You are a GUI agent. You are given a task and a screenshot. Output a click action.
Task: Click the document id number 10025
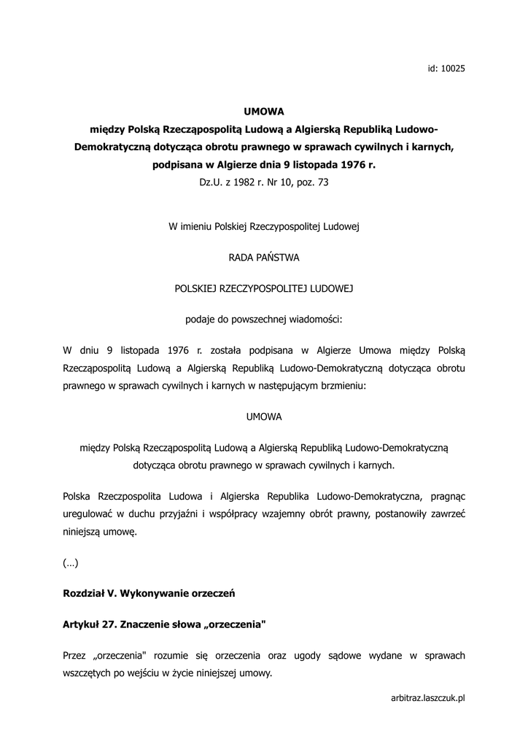(454, 69)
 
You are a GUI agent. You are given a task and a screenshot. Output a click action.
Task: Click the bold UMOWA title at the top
(263, 112)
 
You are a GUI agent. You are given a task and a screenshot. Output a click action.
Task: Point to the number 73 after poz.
(322, 182)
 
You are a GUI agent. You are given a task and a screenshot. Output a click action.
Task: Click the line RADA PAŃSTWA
(263, 257)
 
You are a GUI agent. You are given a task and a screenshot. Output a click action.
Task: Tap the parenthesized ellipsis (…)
(71, 563)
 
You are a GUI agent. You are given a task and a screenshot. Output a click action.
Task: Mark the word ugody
(331, 656)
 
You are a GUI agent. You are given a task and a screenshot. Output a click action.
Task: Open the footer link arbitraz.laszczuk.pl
(428, 698)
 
